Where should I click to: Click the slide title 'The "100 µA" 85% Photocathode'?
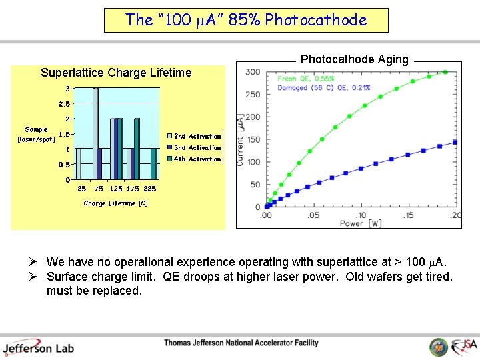(x=246, y=20)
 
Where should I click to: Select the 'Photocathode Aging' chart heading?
(x=354, y=59)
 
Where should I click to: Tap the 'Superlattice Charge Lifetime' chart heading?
(x=116, y=73)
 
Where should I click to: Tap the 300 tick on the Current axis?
(x=253, y=72)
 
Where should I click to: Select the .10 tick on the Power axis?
(x=360, y=215)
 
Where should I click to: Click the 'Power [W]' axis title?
(x=361, y=224)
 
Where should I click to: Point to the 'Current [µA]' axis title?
(x=240, y=141)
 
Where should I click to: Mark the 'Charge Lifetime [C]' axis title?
(x=115, y=203)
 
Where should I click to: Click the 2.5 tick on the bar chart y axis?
(x=64, y=104)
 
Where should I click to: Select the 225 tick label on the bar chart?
(x=150, y=189)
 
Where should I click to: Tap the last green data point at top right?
(x=445, y=72)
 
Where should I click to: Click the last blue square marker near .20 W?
(x=455, y=142)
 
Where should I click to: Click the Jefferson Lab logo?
(x=38, y=347)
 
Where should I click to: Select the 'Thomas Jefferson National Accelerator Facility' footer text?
(x=241, y=343)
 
